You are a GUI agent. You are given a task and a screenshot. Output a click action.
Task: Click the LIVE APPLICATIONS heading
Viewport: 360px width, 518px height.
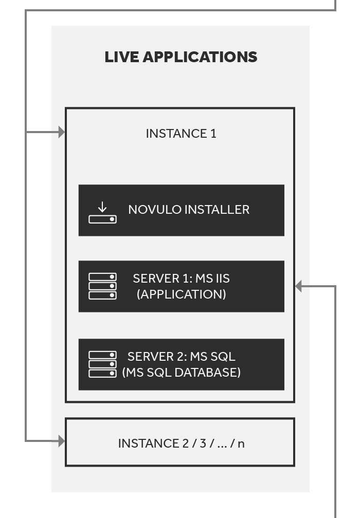pos(181,57)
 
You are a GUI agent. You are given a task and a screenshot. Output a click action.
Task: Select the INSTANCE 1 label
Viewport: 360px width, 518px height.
pos(181,134)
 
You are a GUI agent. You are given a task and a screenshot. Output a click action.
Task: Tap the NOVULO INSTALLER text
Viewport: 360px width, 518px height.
pos(189,210)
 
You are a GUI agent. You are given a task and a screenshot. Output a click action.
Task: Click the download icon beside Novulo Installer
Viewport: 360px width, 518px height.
pos(102,213)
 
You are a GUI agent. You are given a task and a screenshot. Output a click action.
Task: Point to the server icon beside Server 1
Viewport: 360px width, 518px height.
pos(102,286)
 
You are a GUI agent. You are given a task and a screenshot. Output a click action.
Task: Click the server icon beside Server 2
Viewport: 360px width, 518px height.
pos(102,364)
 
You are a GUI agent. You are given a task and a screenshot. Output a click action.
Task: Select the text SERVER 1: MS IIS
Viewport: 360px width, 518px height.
pos(181,279)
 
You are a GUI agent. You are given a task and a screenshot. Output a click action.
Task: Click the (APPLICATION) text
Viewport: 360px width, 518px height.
pos(181,294)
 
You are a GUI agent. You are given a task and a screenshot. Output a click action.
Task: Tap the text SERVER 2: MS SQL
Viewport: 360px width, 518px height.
pos(181,357)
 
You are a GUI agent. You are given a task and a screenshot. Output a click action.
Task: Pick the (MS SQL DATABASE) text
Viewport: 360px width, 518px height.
pos(181,372)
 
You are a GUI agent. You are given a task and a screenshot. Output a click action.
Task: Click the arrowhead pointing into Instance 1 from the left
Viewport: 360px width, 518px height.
pos(62,132)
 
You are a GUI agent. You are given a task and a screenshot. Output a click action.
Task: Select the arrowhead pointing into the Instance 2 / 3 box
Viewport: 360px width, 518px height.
pos(62,441)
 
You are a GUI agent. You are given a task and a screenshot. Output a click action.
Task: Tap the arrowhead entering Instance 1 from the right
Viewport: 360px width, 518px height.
pos(298,286)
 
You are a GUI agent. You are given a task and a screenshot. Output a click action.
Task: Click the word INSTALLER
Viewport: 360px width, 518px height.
pos(217,210)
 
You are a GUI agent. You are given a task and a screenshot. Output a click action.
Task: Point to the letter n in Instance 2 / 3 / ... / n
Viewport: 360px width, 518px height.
pos(241,444)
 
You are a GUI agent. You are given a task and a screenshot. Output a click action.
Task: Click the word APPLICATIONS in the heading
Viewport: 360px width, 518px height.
pos(200,57)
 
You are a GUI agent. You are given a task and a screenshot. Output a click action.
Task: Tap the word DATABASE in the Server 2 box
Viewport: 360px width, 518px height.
pos(208,372)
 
